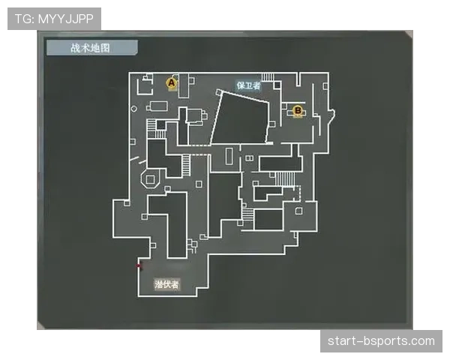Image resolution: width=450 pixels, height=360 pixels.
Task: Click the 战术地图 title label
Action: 91,48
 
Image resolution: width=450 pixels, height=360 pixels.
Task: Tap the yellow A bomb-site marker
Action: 171,83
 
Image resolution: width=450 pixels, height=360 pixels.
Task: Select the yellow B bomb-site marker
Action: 298,110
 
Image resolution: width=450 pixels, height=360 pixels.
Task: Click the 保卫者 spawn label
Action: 248,85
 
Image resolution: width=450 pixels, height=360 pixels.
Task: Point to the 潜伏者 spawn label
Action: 166,284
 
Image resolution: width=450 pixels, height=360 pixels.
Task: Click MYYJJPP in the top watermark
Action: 66,19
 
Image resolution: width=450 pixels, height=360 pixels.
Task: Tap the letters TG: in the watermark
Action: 25,19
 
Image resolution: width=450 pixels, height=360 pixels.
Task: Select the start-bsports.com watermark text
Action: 381,341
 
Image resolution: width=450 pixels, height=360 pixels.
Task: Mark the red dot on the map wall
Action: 139,266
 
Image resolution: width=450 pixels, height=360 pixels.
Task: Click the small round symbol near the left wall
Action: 133,109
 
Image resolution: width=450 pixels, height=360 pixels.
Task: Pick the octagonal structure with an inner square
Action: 150,179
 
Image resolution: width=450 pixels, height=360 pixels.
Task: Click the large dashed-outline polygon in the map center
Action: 241,118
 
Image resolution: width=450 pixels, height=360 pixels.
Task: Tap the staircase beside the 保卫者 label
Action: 268,77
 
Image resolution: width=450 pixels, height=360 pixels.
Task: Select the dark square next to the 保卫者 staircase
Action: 277,85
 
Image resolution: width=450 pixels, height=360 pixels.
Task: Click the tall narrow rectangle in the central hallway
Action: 229,156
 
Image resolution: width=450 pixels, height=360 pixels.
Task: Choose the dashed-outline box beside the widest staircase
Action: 298,193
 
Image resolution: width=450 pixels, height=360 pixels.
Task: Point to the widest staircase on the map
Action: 285,179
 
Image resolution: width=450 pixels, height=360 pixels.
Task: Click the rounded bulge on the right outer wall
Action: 331,115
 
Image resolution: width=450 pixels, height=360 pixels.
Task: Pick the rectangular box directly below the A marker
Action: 159,106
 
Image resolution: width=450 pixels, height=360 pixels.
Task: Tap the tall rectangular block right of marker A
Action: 184,85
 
